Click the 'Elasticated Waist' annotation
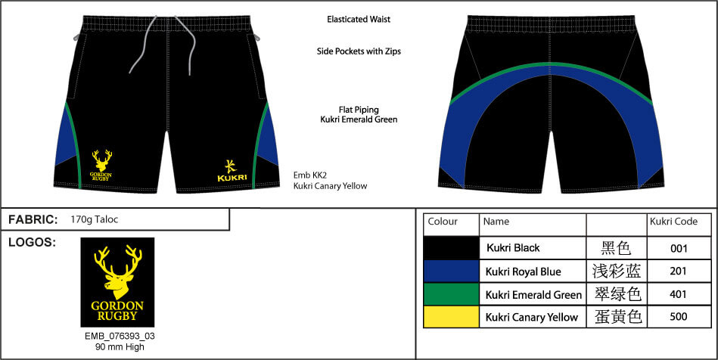(x=359, y=19)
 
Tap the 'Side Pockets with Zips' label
(x=359, y=51)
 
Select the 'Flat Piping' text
(x=359, y=110)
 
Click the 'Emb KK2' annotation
(x=310, y=175)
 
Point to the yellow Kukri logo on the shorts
(x=232, y=170)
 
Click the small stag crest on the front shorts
(x=101, y=165)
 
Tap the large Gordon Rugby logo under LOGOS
(x=117, y=282)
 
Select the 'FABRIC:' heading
(x=33, y=220)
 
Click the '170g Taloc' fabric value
(x=95, y=220)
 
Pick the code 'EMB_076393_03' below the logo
(x=120, y=337)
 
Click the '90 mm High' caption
(x=120, y=346)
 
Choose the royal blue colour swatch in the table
(x=452, y=272)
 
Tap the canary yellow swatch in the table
(x=452, y=317)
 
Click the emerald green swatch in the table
(x=452, y=294)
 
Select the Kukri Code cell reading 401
(x=678, y=294)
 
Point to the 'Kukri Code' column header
(x=673, y=222)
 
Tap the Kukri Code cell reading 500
(x=678, y=317)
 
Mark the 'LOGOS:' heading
(x=32, y=243)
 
